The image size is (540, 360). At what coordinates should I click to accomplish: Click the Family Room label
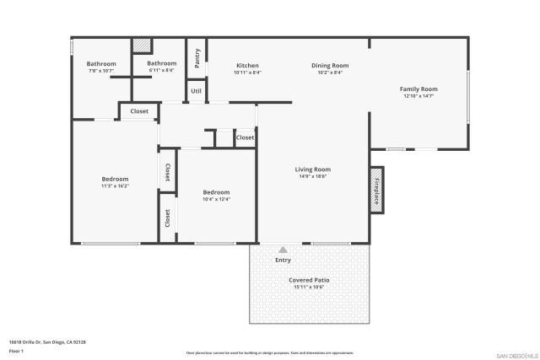click(418, 89)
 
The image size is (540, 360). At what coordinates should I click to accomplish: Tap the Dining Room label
click(330, 65)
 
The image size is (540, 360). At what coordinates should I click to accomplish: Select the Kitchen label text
click(247, 65)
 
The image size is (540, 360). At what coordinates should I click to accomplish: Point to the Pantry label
click(197, 58)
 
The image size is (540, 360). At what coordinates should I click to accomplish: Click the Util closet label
click(196, 91)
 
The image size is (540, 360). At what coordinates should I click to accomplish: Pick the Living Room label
click(312, 169)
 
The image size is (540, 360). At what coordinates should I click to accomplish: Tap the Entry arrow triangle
click(283, 250)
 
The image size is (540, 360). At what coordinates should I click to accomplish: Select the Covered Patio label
click(309, 280)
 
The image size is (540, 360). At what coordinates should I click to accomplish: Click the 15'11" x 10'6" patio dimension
click(309, 287)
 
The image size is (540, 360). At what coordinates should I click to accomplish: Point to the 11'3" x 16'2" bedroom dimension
click(115, 185)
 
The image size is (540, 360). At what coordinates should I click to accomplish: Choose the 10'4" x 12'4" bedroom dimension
click(216, 200)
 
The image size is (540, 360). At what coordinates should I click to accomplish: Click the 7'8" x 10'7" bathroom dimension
click(100, 71)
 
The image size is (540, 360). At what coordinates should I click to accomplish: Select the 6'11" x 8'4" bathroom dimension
click(162, 71)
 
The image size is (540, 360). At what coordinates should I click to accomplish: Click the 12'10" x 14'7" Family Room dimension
click(418, 96)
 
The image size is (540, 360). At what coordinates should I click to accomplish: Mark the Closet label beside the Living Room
click(245, 137)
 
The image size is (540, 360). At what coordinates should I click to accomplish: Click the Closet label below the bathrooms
click(139, 111)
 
